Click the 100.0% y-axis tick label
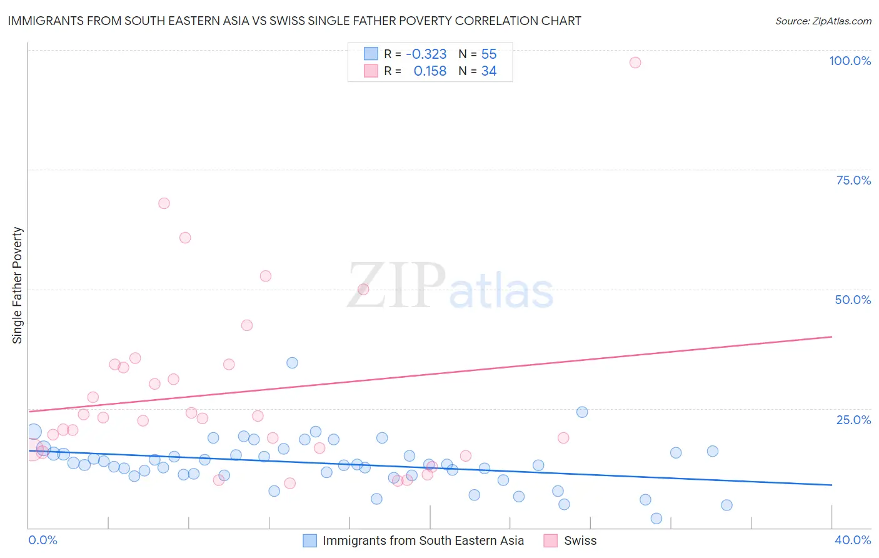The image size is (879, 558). tap(850, 61)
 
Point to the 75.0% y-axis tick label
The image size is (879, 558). tap(853, 180)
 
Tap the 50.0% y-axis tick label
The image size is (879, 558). tap(853, 300)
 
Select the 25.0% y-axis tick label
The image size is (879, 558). tap(853, 420)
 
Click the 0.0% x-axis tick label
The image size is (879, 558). tap(43, 540)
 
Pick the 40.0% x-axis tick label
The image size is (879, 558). tap(852, 540)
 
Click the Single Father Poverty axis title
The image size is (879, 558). tap(18, 285)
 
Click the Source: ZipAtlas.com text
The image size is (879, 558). tap(823, 21)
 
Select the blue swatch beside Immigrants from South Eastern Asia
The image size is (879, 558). tap(309, 540)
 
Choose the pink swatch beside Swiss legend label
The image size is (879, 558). tap(550, 540)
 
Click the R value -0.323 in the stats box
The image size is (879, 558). tap(426, 54)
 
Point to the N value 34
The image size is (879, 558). tap(489, 71)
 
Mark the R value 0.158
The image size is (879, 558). tap(430, 71)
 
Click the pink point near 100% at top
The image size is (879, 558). tap(635, 63)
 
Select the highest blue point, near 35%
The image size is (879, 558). tap(292, 363)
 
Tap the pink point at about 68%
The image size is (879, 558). tap(164, 203)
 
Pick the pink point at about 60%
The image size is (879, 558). tap(185, 238)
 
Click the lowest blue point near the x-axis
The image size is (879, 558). tap(656, 519)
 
